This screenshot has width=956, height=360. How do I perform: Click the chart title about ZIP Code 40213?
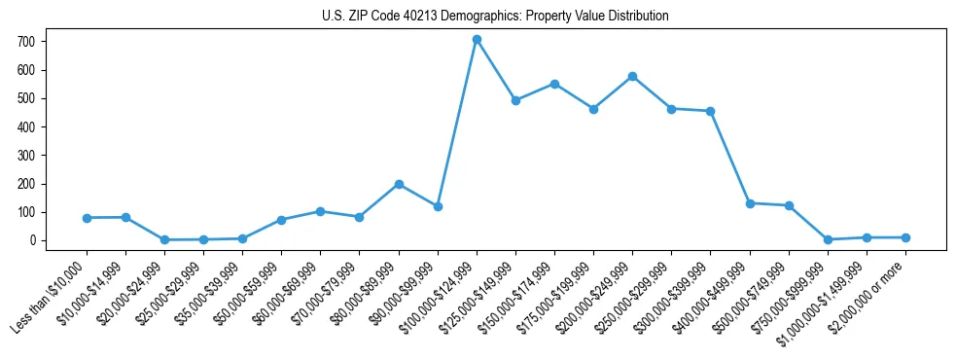[495, 17]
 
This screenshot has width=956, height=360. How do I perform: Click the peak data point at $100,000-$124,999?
[477, 40]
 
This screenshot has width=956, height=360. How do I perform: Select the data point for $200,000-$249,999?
[632, 76]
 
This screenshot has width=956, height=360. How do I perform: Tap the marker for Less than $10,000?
[87, 218]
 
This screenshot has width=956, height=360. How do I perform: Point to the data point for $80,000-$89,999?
[399, 184]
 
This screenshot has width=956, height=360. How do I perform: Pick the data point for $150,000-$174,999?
[554, 84]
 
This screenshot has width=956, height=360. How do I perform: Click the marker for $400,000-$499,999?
[750, 203]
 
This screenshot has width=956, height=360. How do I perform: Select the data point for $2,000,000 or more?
[905, 237]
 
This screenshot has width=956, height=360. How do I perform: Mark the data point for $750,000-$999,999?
[828, 239]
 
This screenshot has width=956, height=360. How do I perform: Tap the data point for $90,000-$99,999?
[438, 206]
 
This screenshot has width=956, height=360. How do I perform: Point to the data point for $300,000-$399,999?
[711, 111]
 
